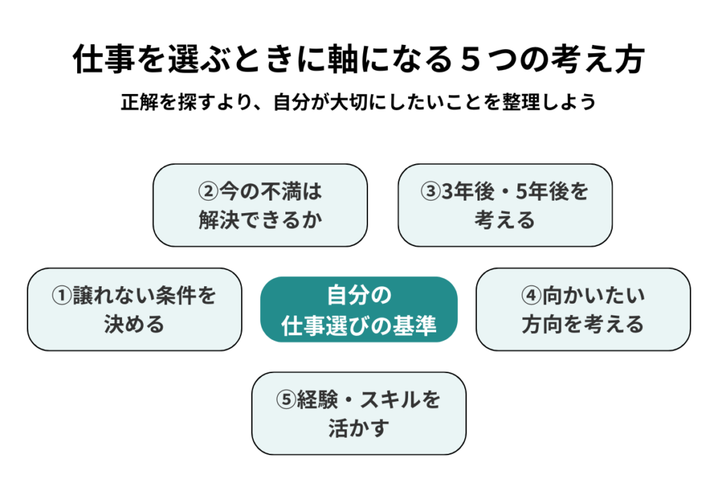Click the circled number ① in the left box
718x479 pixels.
click(62, 296)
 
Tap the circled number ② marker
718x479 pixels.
click(208, 191)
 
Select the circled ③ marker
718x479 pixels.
click(431, 191)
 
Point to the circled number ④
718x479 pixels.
click(531, 296)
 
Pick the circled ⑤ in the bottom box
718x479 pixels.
click(286, 400)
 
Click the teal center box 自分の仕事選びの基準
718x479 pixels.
click(359, 309)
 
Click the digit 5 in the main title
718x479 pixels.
click(470, 60)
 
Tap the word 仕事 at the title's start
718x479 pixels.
click(104, 60)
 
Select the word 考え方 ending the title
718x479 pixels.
click(598, 60)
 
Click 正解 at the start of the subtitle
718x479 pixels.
click(140, 102)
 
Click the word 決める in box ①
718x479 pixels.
click(134, 325)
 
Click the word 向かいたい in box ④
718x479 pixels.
click(594, 296)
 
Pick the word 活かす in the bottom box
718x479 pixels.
click(358, 429)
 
